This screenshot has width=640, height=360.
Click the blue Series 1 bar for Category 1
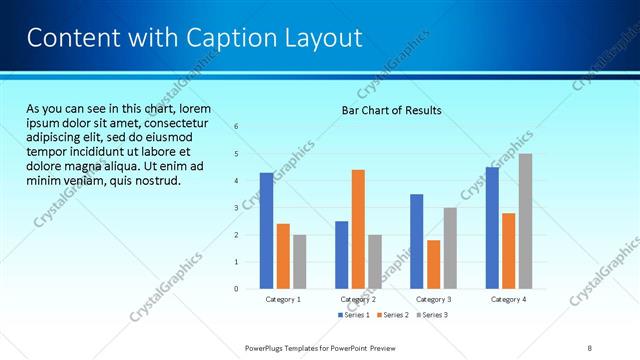tap(266, 231)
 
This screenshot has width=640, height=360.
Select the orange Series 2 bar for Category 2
tap(358, 229)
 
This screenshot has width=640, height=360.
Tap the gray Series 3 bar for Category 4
tap(525, 221)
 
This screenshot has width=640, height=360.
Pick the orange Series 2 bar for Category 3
tap(433, 264)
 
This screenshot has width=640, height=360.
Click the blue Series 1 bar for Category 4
tap(492, 228)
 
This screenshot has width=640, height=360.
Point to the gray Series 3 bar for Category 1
tap(299, 262)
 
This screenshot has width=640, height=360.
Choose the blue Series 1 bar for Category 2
tap(341, 255)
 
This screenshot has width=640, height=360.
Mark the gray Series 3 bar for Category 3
tap(450, 248)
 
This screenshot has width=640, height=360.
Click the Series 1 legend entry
tap(355, 315)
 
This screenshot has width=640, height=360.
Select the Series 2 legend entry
tap(394, 315)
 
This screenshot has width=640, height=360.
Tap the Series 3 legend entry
tap(432, 315)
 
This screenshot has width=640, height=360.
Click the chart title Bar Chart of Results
tap(385, 109)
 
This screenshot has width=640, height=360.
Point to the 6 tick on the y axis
tap(236, 127)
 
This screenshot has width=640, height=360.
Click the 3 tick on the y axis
tap(236, 208)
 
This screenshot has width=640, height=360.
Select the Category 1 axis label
tap(283, 299)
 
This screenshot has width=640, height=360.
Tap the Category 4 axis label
tap(508, 299)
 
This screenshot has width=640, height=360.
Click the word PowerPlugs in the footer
tap(269, 347)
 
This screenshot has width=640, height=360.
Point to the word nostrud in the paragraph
tap(157, 181)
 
